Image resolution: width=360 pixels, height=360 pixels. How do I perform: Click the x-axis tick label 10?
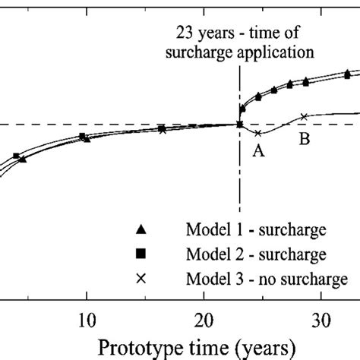pyautogui.click(x=87, y=316)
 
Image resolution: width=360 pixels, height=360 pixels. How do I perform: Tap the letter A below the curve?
pyautogui.click(x=257, y=151)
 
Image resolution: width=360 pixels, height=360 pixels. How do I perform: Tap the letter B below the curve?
pyautogui.click(x=307, y=141)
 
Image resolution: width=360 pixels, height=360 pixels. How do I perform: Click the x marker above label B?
pyautogui.click(x=304, y=116)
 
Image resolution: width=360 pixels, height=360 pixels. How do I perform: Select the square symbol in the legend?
pyautogui.click(x=140, y=254)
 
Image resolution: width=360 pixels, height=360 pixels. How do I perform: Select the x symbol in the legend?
pyautogui.click(x=140, y=279)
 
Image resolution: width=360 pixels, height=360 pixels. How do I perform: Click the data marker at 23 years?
pyautogui.click(x=239, y=125)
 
